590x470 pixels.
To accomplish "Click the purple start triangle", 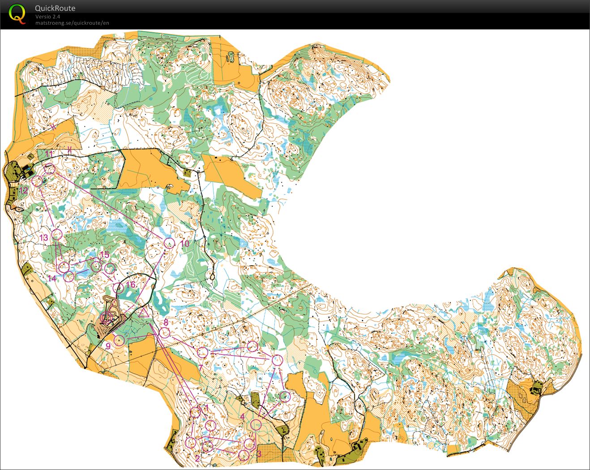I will click(x=144, y=312).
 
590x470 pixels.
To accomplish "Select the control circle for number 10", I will click(x=169, y=243).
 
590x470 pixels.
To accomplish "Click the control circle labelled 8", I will click(x=165, y=332).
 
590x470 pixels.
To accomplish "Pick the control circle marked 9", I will click(x=119, y=340).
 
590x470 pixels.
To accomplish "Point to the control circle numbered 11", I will click(x=50, y=169).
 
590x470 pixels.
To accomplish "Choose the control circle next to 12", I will click(x=38, y=181).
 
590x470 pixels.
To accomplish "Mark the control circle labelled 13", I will click(x=56, y=234).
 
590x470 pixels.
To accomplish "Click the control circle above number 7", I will click(x=203, y=352).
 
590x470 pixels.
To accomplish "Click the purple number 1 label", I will click(x=206, y=407).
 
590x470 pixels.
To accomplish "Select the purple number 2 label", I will click(x=197, y=457).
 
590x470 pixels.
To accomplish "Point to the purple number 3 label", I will click(x=259, y=453).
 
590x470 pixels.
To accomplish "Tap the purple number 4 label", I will click(x=242, y=416).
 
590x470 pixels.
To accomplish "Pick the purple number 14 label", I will click(x=52, y=278).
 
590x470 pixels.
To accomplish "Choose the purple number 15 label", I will click(x=104, y=255).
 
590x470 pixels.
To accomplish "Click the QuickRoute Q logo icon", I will click(x=17, y=13).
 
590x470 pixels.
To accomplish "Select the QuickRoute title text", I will click(x=55, y=8).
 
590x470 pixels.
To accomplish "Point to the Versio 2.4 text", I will click(x=48, y=17).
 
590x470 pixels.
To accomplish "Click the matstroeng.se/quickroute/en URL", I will click(x=72, y=23).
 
